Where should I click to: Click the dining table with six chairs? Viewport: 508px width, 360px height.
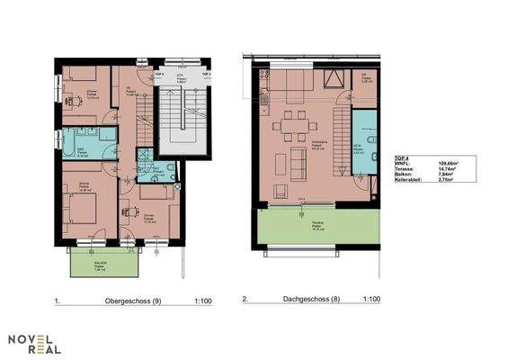pyautogui.click(x=292, y=127)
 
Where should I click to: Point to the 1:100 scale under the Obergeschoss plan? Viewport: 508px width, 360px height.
pyautogui.click(x=202, y=300)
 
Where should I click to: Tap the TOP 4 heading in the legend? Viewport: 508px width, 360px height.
pyautogui.click(x=402, y=157)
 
